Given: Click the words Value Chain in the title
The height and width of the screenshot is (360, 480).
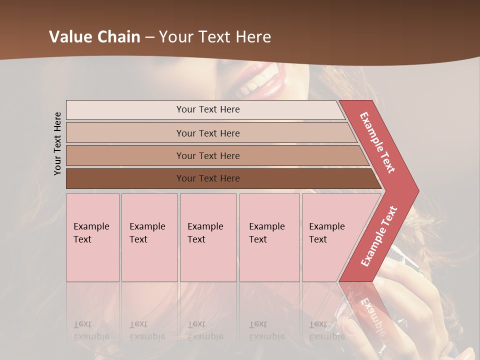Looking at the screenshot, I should tap(94, 37).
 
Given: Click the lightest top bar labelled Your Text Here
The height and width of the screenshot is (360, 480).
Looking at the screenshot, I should tap(207, 109).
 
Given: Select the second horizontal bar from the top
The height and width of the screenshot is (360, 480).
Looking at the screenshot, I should tap(207, 133).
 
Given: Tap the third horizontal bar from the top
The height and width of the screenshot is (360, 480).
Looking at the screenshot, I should tap(207, 155).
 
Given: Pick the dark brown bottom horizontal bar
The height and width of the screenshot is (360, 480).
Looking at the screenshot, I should tap(207, 178).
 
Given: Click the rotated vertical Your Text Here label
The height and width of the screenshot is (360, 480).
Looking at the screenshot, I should tap(57, 143).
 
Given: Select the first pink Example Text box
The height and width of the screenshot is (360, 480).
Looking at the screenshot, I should tap(92, 237).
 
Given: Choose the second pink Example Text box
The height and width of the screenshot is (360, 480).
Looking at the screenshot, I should tap(149, 237).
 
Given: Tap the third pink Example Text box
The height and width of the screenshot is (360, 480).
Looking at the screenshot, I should tap(208, 237).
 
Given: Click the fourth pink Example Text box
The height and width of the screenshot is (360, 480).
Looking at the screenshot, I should tap(269, 237).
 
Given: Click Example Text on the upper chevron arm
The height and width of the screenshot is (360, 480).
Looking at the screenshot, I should tap(377, 142).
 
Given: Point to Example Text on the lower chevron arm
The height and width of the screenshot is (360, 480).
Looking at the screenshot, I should tap(378, 236).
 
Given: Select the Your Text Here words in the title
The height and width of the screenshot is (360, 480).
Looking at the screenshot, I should tap(215, 37).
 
